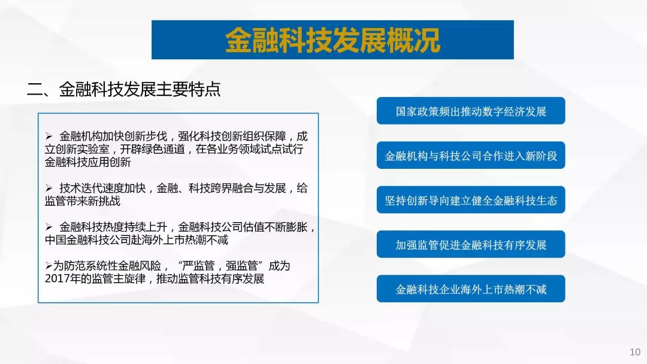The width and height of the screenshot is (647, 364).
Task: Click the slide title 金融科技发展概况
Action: pos(332,40)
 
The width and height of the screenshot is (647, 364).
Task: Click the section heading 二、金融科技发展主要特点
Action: pos(124,89)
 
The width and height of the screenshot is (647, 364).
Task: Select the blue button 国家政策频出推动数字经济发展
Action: pos(471,111)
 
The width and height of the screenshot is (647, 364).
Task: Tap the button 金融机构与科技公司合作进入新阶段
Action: pos(471,156)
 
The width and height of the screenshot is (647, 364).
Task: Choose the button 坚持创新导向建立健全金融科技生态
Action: pos(471,200)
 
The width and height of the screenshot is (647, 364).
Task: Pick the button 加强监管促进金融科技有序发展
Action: pos(471,244)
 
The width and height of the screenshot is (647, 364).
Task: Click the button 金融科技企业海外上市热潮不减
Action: pos(471,289)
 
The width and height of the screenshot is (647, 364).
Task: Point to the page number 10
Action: pos(635,352)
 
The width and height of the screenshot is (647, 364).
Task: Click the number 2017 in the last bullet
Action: pos(56,278)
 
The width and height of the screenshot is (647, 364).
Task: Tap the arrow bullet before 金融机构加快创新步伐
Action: pos(49,136)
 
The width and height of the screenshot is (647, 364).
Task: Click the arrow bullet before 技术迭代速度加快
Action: pos(49,189)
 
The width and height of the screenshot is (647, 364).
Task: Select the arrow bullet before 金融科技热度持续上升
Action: pos(49,227)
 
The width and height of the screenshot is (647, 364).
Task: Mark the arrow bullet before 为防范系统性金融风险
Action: pos(49,266)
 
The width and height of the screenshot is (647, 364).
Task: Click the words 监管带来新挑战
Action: pos(83,201)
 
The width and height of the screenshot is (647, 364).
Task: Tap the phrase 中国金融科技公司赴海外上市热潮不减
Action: pos(137,240)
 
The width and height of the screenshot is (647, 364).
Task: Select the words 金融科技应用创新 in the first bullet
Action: pos(88,162)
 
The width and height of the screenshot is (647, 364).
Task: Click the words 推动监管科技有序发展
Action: pos(210,278)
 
